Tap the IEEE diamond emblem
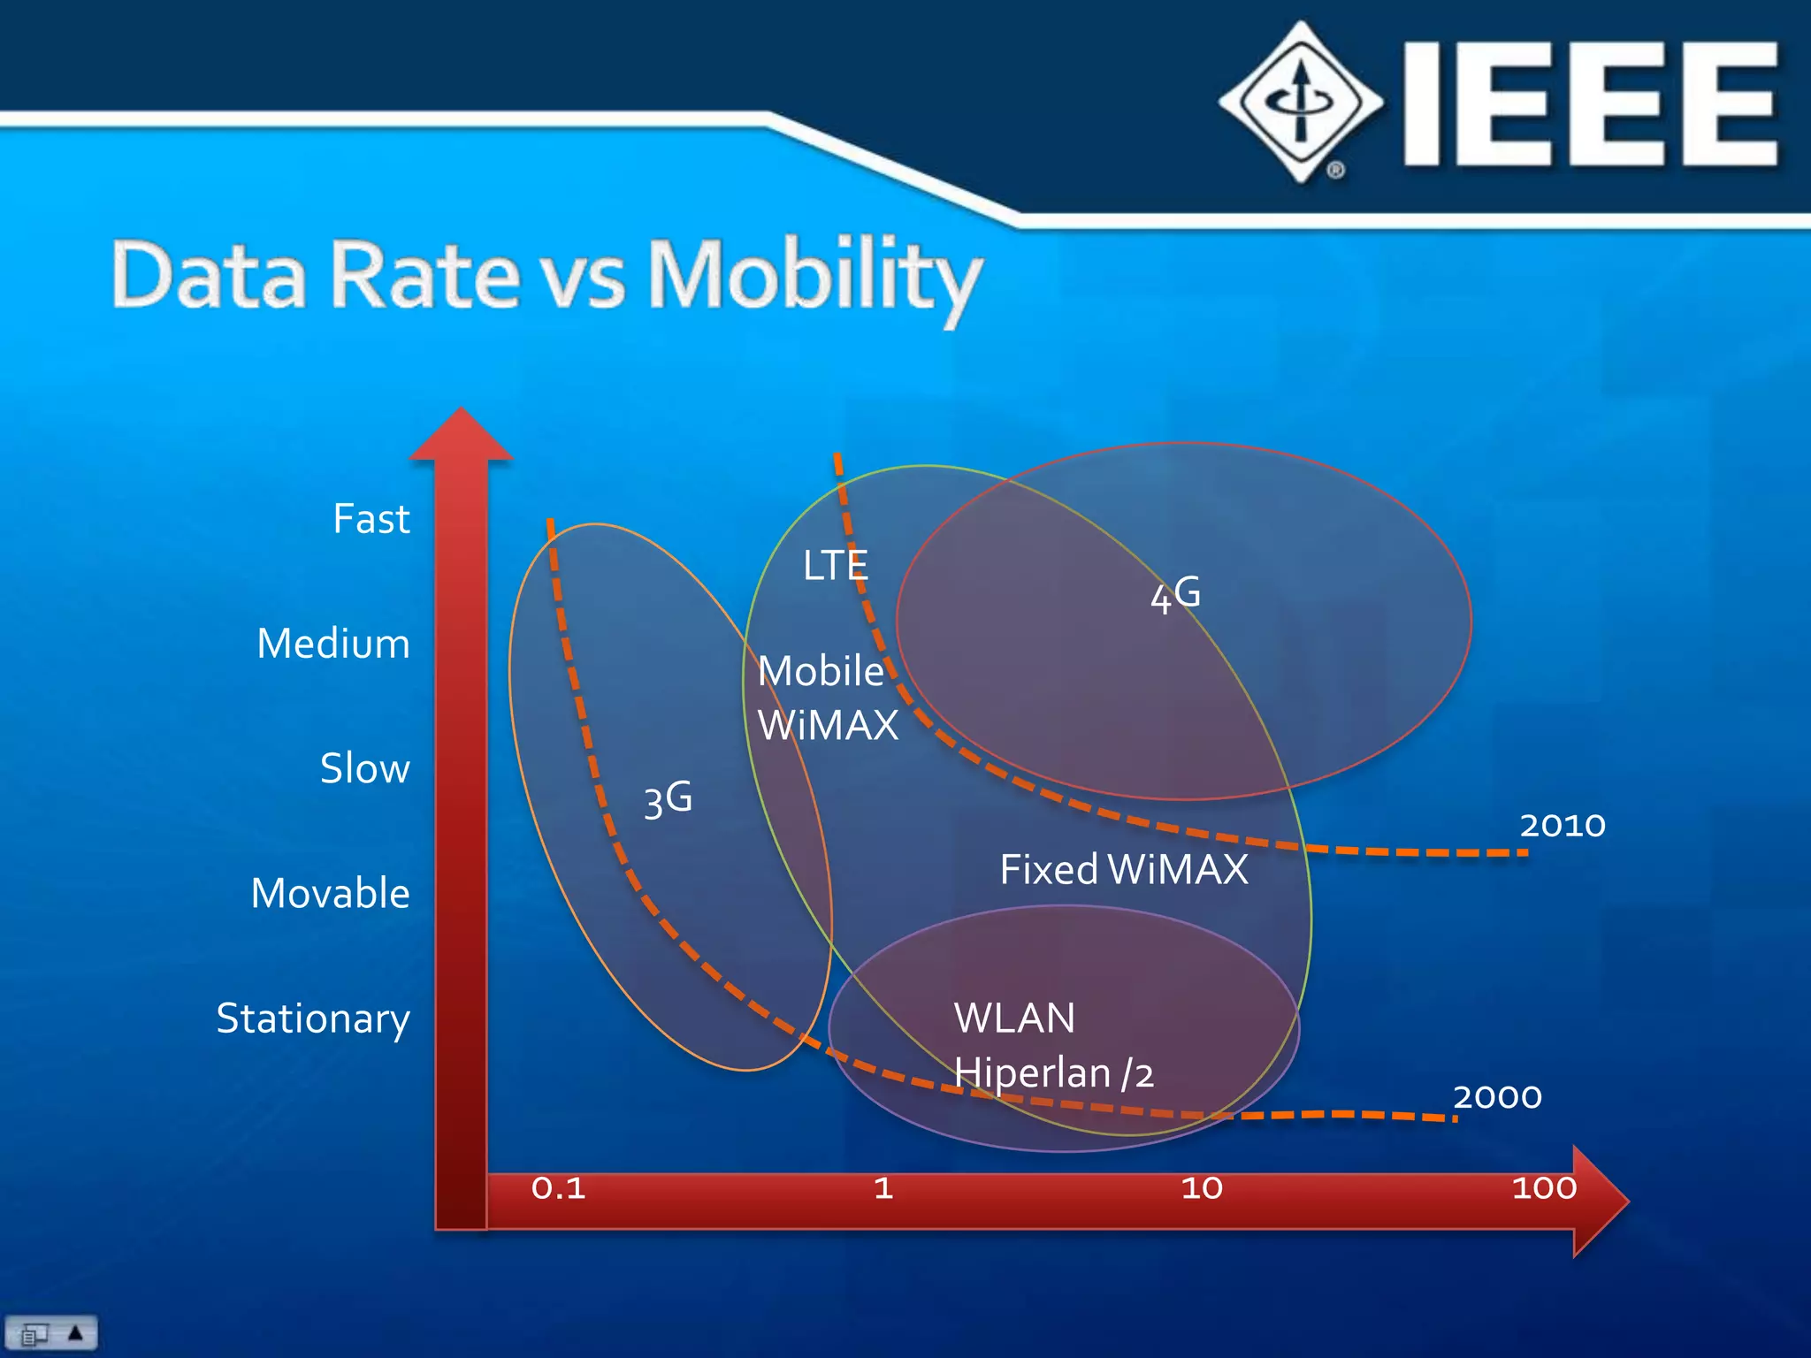[1300, 102]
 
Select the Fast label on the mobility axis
[371, 519]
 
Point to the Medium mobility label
[333, 644]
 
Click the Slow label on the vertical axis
[364, 768]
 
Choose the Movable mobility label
[330, 893]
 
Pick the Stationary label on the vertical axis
[313, 1018]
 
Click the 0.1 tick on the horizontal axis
[558, 1188]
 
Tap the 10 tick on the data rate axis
[1202, 1188]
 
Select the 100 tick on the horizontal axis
[1544, 1188]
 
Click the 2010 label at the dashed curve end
[1563, 825]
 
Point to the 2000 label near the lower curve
[1497, 1097]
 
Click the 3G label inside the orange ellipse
[668, 798]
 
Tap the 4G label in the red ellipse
[1175, 594]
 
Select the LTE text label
[835, 566]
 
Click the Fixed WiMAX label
[1124, 869]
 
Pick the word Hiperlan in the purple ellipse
[1032, 1073]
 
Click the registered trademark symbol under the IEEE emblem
[1335, 170]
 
